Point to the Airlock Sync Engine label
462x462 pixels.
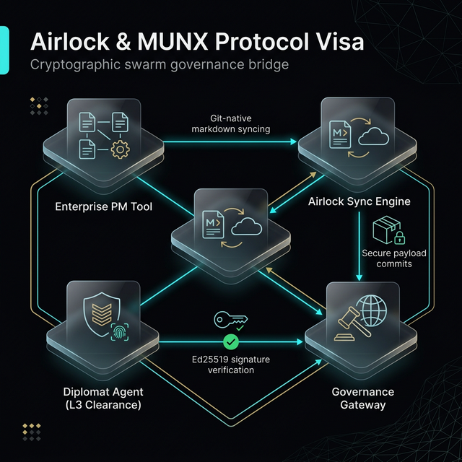pyautogui.click(x=359, y=201)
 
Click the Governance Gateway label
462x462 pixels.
pyautogui.click(x=362, y=398)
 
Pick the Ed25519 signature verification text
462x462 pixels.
pyautogui.click(x=231, y=365)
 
